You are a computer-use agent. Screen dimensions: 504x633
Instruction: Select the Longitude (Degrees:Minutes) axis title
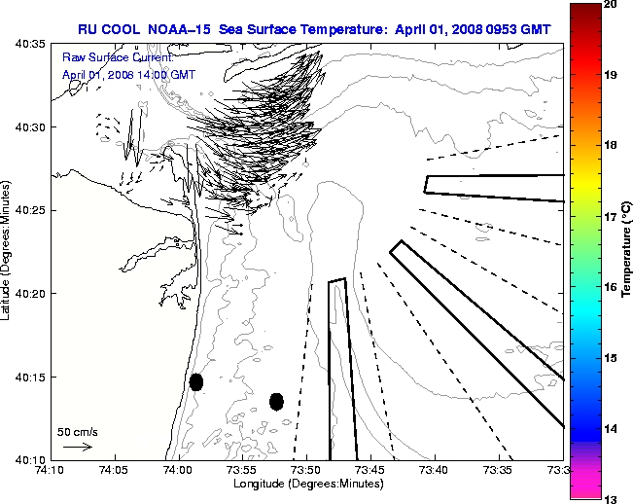click(x=306, y=484)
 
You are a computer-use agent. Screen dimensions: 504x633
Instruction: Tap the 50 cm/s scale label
click(x=77, y=431)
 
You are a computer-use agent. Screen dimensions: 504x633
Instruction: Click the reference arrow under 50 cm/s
click(x=77, y=448)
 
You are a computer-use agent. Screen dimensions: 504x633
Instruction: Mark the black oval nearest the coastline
click(x=196, y=381)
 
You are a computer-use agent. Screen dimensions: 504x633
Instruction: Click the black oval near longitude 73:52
click(x=276, y=401)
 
